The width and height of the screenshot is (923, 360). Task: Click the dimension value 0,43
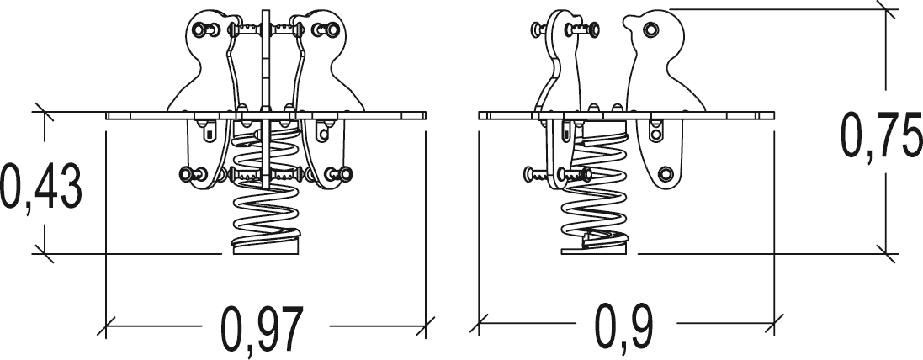[x=41, y=187]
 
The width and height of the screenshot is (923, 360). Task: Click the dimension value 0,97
[x=262, y=330]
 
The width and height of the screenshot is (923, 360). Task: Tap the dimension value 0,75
[x=881, y=135]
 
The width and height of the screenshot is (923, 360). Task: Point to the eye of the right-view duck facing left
[x=650, y=29]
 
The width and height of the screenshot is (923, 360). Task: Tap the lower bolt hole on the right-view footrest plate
[x=666, y=173]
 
